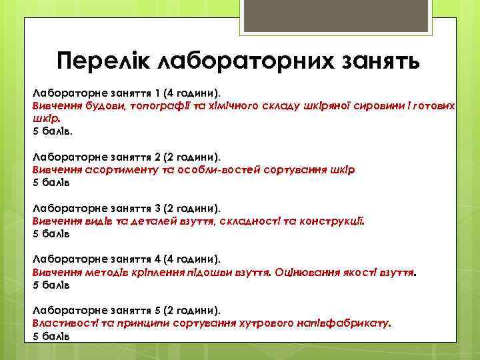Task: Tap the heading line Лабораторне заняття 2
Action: point(127,157)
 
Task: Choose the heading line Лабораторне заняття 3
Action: point(127,209)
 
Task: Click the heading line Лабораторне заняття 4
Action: point(127,259)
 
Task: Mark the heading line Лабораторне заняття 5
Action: point(127,311)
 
